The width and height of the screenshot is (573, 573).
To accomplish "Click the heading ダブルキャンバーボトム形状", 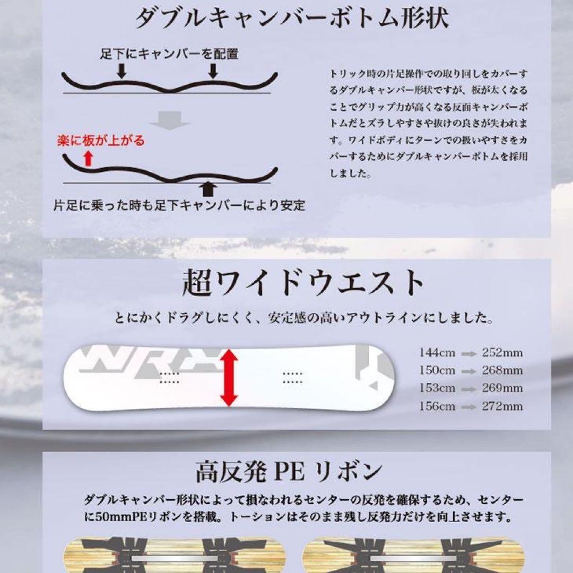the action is click(x=292, y=18).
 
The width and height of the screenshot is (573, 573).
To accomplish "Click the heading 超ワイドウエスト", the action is click(x=303, y=282).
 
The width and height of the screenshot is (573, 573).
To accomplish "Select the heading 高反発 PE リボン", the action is click(x=289, y=472).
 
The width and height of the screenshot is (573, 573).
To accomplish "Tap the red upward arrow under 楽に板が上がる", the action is click(x=88, y=159).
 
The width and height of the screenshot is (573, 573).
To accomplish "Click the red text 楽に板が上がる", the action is click(x=101, y=141).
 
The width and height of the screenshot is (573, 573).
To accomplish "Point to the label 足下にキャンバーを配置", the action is click(x=169, y=54).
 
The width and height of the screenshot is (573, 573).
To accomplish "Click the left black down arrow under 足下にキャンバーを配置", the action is click(x=121, y=71).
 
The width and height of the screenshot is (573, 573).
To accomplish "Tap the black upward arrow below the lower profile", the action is click(x=209, y=190).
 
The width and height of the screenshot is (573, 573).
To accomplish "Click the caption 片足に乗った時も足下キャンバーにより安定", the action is click(x=179, y=205).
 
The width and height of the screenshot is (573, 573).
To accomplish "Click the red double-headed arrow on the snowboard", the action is click(x=229, y=378).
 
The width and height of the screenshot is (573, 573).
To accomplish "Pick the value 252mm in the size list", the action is click(x=502, y=353).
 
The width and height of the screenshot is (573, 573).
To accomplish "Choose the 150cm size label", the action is click(x=437, y=370).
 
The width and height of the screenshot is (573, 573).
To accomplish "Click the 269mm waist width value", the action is click(x=502, y=388).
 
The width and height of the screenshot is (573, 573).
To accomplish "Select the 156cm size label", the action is click(x=437, y=406).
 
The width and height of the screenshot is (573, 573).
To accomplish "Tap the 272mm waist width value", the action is click(x=502, y=406).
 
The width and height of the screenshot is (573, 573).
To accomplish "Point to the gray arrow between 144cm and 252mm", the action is click(x=468, y=354).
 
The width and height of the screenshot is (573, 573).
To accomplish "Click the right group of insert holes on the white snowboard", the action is click(x=292, y=378).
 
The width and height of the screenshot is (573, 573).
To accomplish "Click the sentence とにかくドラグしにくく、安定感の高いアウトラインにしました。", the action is click(x=304, y=318).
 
